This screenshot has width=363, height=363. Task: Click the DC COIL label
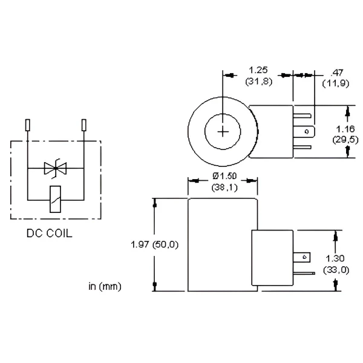(49, 233)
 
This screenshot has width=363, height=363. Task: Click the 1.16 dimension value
(344, 129)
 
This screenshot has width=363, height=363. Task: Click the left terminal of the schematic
(28, 126)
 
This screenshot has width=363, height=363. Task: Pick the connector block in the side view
(273, 259)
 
